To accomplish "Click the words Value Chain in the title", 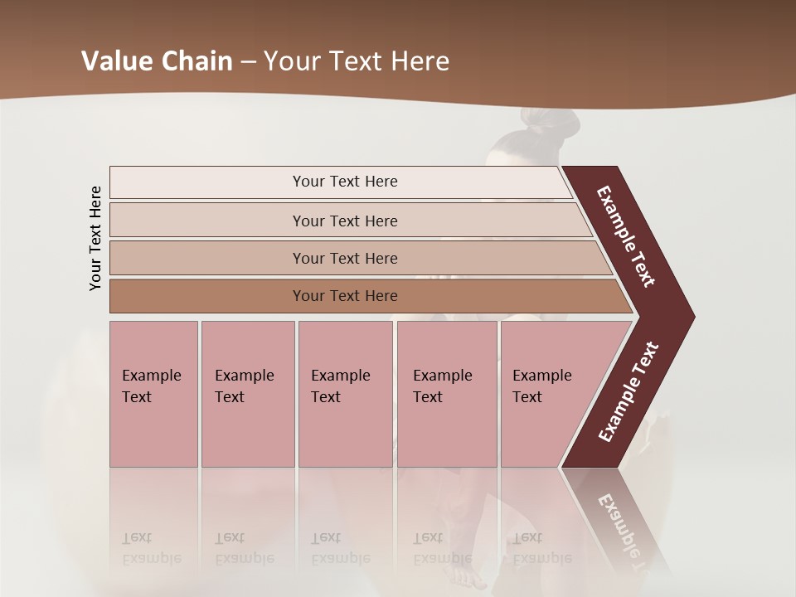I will click(157, 61).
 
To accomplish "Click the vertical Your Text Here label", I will click(95, 238).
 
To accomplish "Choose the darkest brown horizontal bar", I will click(207, 296).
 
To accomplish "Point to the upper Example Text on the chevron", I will click(626, 236).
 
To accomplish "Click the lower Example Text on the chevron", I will click(628, 392).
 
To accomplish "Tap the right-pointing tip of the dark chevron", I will click(687, 316).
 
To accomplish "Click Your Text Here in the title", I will click(357, 61).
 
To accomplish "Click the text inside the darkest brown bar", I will click(345, 296).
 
